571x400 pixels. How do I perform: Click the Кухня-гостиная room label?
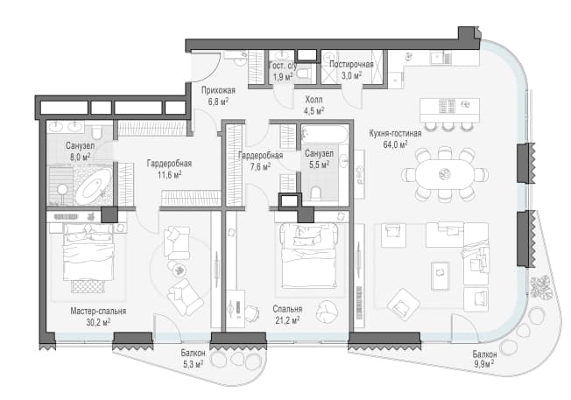click(395, 134)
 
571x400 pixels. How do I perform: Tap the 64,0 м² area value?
click(395, 144)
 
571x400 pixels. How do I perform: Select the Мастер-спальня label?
click(98, 312)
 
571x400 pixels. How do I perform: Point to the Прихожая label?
click(218, 90)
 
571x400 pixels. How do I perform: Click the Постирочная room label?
click(351, 65)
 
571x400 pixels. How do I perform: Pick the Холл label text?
click(314, 100)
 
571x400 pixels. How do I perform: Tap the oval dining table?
click(444, 173)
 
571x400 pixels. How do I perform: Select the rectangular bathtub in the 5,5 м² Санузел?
click(325, 135)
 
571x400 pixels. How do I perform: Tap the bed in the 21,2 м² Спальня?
click(309, 255)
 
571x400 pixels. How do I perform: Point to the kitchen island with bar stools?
click(449, 110)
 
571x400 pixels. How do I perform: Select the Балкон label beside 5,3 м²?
click(193, 353)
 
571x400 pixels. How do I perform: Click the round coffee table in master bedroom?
click(179, 270)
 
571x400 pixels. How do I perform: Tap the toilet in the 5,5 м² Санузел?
click(316, 193)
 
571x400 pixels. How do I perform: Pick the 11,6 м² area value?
click(169, 175)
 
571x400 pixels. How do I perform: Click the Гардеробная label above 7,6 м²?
click(260, 156)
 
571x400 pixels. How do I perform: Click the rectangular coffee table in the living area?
click(440, 276)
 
